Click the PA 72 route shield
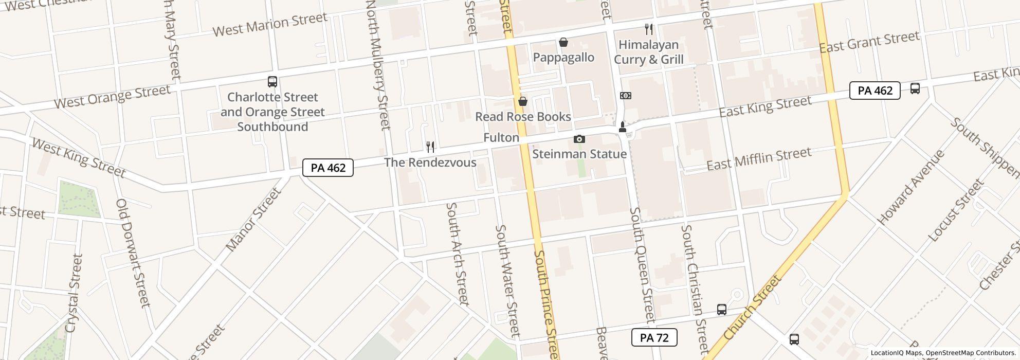tap(654, 338)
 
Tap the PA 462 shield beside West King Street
tap(328, 168)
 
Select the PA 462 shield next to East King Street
tap(875, 91)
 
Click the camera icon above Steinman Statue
tap(579, 139)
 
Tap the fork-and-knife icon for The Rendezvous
tap(430, 147)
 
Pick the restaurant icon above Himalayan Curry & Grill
tap(649, 29)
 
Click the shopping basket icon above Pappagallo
tap(563, 42)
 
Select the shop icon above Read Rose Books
tap(523, 101)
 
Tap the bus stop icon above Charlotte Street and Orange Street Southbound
tap(272, 82)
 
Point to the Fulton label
tap(501, 138)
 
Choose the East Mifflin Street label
tap(759, 158)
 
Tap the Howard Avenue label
tap(911, 187)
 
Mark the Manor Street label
tap(253, 219)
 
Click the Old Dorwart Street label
tap(133, 253)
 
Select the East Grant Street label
tap(869, 42)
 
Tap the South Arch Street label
tap(457, 253)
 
